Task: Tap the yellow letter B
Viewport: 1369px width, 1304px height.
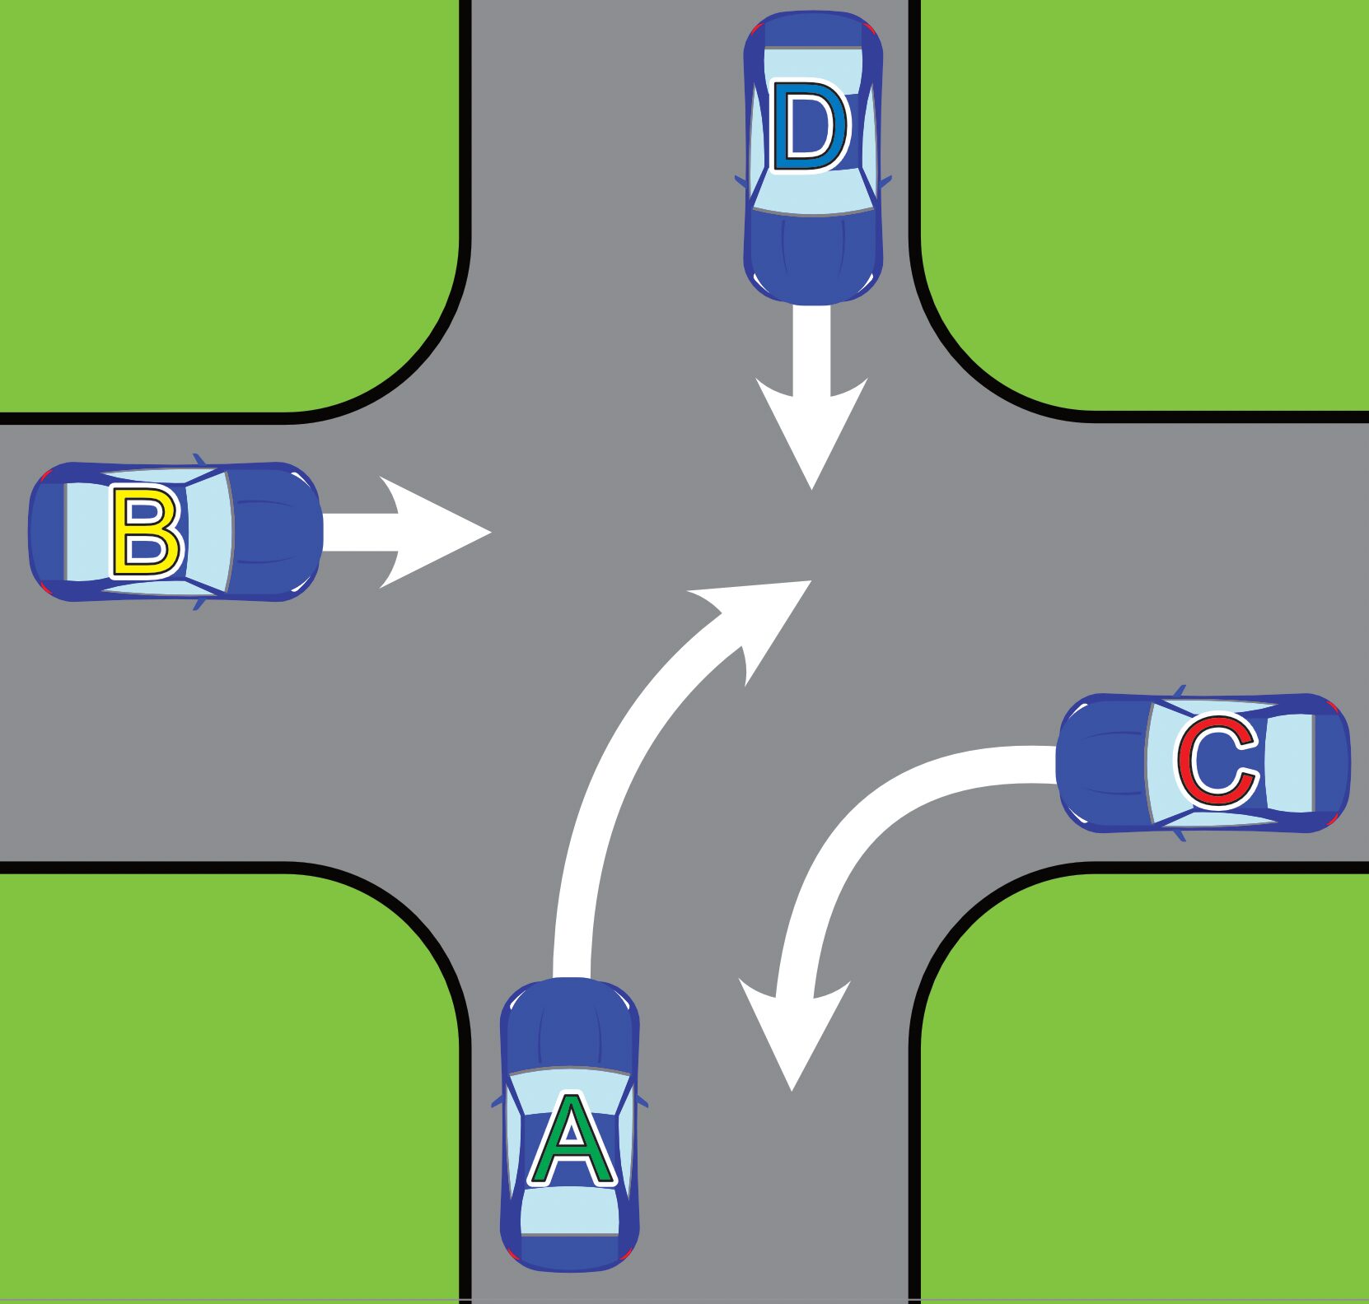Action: [146, 532]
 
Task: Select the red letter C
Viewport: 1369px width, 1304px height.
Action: [1217, 761]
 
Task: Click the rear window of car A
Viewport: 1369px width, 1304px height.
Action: [570, 1210]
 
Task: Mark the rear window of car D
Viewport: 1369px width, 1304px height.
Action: [813, 62]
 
